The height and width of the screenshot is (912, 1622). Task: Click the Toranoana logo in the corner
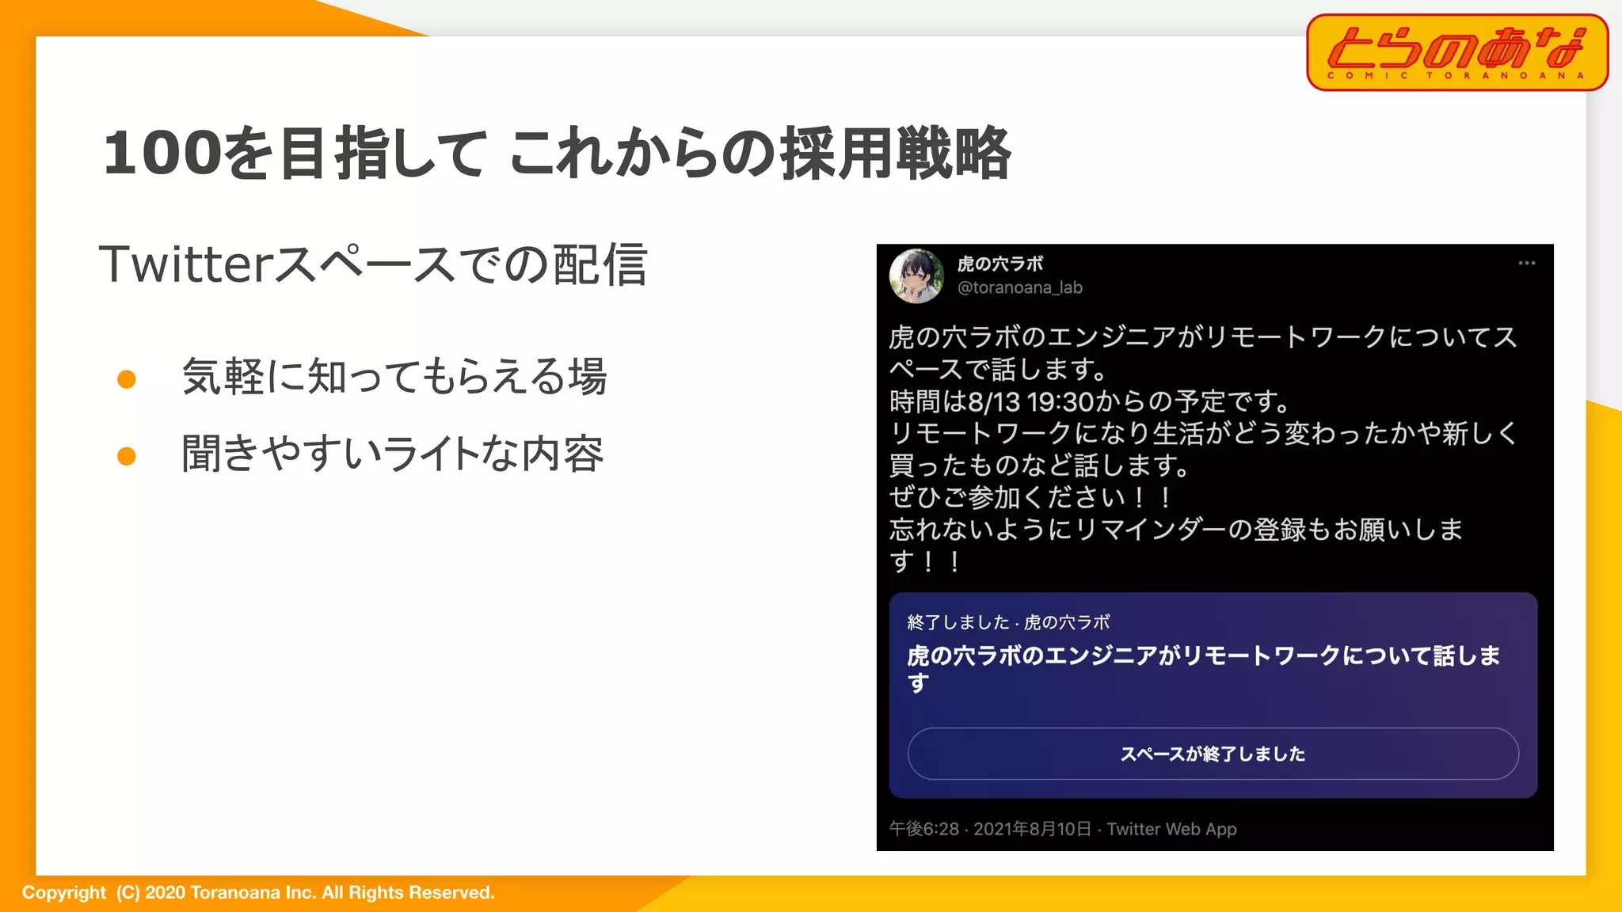pos(1457,52)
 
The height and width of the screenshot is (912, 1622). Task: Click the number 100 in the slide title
pos(162,152)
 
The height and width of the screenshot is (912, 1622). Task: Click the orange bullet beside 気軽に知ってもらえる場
pos(127,379)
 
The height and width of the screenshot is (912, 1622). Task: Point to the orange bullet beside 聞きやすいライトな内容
pos(127,456)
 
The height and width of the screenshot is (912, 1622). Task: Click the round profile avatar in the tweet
pos(916,275)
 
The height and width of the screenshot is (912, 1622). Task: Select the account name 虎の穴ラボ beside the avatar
pos(999,264)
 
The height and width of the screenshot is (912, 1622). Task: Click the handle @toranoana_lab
pos(1019,288)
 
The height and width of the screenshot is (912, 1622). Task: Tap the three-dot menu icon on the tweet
pos(1526,264)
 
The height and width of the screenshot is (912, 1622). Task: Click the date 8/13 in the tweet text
pos(993,402)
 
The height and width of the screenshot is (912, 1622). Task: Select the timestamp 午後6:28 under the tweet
pos(923,829)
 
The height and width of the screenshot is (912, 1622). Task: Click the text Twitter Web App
pos(1171,829)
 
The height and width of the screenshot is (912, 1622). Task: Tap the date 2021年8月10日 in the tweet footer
pos(1032,829)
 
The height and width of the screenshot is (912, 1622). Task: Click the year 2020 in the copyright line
pos(165,893)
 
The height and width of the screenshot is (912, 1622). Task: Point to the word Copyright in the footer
pos(63,893)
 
